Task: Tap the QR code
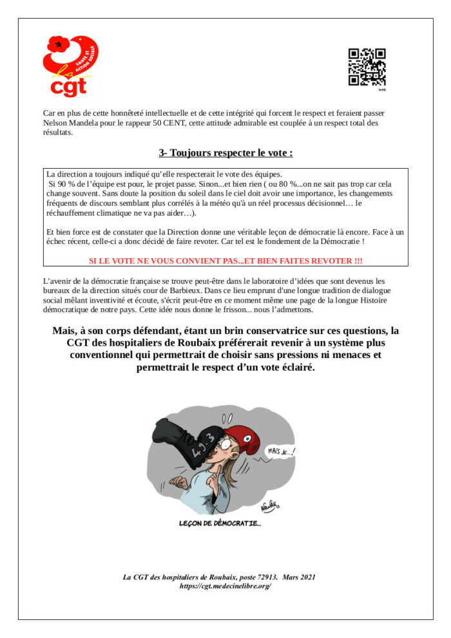[367, 66]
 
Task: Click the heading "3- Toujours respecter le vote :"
[225, 153]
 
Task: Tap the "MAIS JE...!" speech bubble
[282, 451]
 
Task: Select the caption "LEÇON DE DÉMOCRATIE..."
[220, 523]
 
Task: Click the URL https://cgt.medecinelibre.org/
[225, 586]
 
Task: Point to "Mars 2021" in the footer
[299, 577]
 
